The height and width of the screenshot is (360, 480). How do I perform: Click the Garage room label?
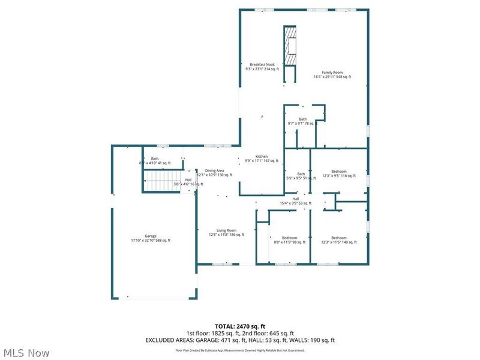tap(150, 238)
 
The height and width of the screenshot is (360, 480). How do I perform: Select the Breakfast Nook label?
tap(262, 67)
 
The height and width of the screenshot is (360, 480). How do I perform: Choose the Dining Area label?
tap(214, 172)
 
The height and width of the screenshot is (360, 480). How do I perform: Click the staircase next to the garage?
tap(160, 179)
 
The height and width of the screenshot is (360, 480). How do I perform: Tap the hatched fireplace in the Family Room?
tap(290, 47)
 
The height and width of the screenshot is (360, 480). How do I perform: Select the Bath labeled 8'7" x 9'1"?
tap(302, 121)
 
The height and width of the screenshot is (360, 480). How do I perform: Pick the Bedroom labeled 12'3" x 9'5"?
tap(334, 174)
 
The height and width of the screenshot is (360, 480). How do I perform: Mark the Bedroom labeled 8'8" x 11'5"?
tap(290, 240)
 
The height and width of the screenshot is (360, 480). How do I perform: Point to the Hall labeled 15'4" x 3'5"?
tap(295, 201)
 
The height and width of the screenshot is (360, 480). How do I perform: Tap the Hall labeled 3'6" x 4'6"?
tap(188, 182)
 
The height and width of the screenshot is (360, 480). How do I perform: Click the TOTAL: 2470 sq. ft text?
tap(239, 326)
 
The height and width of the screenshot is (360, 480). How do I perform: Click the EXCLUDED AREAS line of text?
tap(239, 340)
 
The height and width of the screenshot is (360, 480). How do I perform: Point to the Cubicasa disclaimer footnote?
tap(239, 350)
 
